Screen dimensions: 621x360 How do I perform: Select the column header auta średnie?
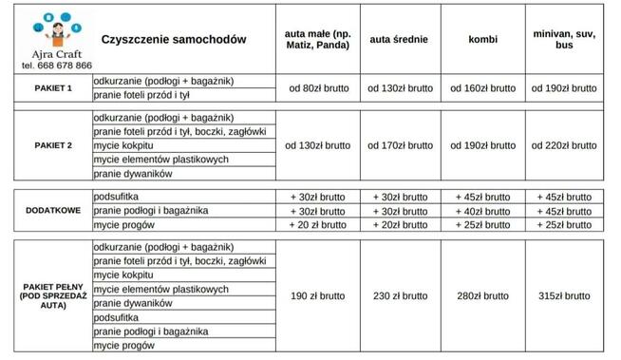pyautogui.click(x=398, y=39)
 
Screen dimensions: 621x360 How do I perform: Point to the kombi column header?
pyautogui.click(x=482, y=39)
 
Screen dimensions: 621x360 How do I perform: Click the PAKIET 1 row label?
pyautogui.click(x=53, y=88)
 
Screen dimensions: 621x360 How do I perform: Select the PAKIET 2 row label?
pyautogui.click(x=53, y=145)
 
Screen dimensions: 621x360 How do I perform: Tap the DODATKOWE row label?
pyautogui.click(x=53, y=210)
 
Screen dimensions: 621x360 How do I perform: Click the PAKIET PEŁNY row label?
pyautogui.click(x=53, y=296)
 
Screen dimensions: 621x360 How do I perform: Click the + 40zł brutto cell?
pyautogui.click(x=482, y=210)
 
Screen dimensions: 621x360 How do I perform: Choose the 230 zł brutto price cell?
pyautogui.click(x=399, y=296)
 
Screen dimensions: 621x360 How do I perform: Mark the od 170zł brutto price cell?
pyautogui.click(x=399, y=145)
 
